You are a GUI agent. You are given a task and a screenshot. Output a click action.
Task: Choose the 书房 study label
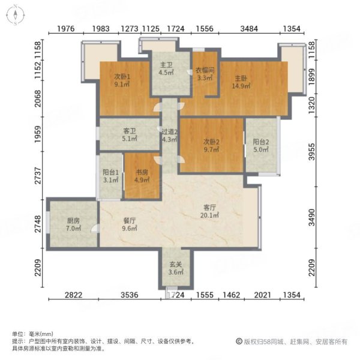point(140,171)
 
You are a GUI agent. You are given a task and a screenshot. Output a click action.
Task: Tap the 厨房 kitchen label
point(73,220)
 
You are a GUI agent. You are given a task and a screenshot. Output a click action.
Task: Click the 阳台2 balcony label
point(260,142)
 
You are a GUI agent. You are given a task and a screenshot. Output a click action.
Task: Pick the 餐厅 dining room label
point(130,220)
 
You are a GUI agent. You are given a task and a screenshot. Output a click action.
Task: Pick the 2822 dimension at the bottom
point(73,295)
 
